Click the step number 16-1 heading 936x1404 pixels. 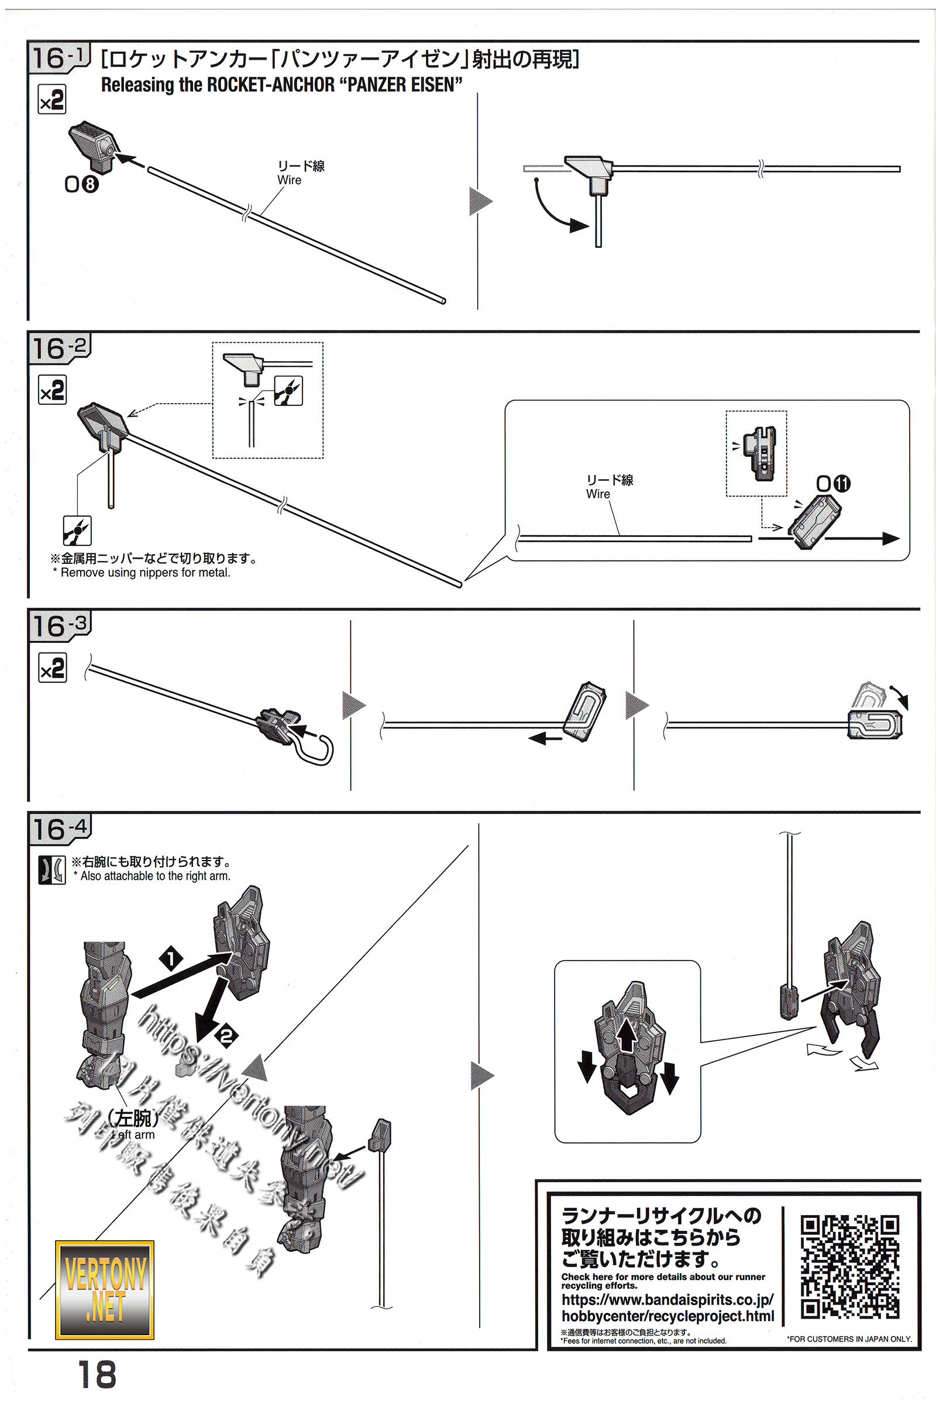(x=59, y=58)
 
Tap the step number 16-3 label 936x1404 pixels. (x=59, y=627)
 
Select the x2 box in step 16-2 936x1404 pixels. (x=52, y=390)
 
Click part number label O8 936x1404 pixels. (x=81, y=184)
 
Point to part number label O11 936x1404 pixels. (x=833, y=484)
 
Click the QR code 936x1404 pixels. (x=849, y=1266)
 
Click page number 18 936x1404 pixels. (x=97, y=1375)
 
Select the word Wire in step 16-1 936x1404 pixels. (x=290, y=180)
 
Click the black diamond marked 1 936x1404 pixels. (x=171, y=959)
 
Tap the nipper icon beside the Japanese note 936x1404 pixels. (x=77, y=531)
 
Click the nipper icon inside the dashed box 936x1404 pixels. (x=288, y=391)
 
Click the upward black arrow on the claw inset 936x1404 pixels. (x=626, y=1034)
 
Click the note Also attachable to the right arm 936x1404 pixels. (x=154, y=876)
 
